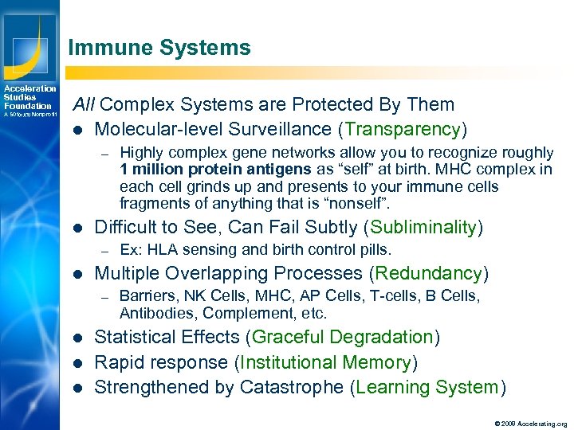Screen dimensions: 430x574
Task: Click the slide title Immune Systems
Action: click(x=159, y=48)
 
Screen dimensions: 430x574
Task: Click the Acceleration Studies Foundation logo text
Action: click(x=29, y=97)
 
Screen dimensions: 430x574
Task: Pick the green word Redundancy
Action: click(x=429, y=274)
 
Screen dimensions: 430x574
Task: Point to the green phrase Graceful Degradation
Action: click(x=342, y=337)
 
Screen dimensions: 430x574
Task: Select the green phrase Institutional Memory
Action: click(x=324, y=362)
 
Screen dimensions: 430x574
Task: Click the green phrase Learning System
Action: click(x=428, y=388)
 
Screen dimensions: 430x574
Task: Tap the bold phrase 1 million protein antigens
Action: click(x=211, y=170)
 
